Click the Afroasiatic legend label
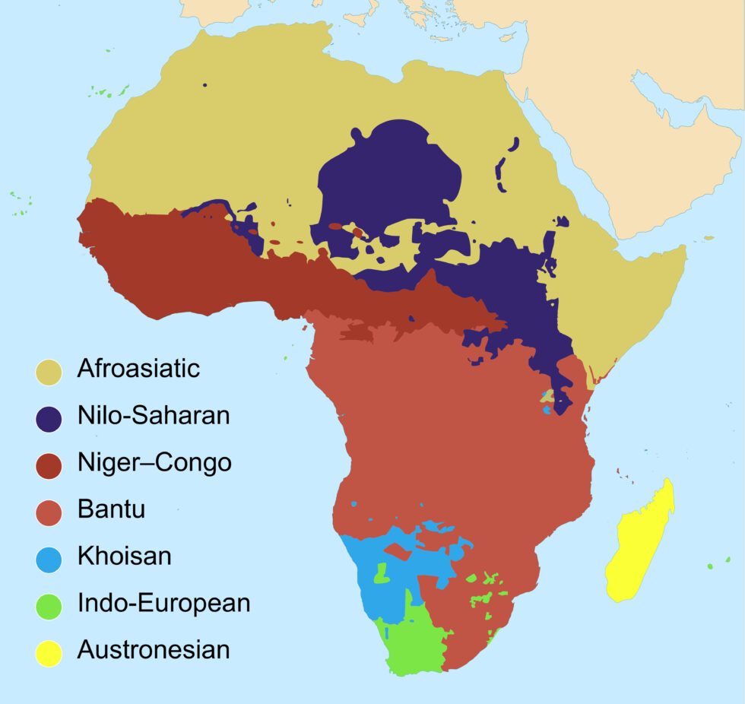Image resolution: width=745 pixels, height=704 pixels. click(x=138, y=369)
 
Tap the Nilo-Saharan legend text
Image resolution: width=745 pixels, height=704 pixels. click(x=153, y=416)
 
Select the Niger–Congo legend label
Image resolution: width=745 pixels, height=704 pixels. click(x=154, y=462)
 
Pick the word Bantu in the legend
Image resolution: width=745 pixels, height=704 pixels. click(x=111, y=509)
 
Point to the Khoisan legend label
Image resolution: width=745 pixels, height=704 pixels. click(x=124, y=556)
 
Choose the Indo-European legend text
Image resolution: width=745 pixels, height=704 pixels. click(x=163, y=604)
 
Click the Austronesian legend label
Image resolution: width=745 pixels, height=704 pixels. click(x=153, y=650)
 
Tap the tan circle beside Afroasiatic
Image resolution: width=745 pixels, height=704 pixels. click(x=49, y=372)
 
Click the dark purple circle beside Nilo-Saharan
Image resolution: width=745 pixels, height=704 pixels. click(x=49, y=419)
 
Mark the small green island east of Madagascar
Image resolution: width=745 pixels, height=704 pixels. click(x=709, y=566)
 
